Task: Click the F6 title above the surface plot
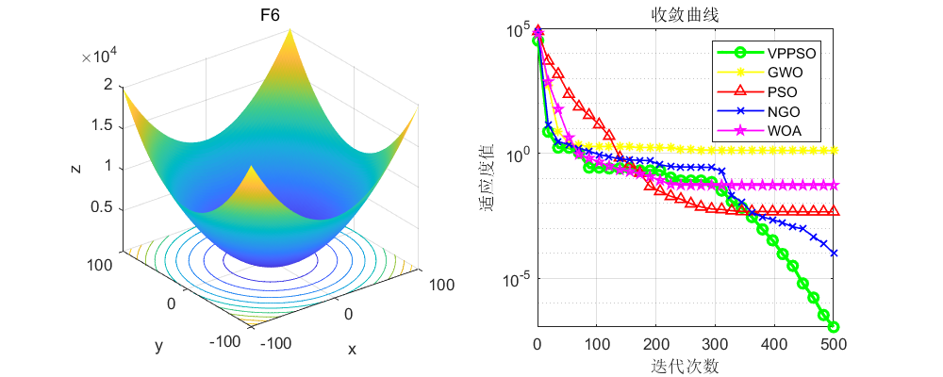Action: [269, 15]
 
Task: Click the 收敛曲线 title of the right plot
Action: [685, 15]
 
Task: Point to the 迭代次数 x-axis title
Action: [685, 365]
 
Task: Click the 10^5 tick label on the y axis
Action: [516, 31]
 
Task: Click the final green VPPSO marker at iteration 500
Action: [834, 327]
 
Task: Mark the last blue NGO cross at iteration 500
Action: [834, 253]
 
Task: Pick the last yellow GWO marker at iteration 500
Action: [834, 151]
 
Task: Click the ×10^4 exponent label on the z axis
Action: [98, 57]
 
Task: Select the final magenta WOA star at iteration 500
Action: [834, 185]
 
